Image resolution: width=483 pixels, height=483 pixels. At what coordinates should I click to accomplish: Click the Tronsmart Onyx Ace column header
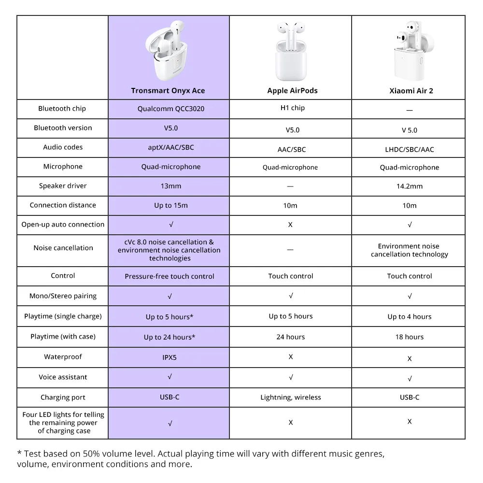coord(168,91)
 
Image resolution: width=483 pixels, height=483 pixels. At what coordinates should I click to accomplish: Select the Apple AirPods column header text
coord(292,91)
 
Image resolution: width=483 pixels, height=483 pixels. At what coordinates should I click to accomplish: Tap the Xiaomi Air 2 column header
coord(411,91)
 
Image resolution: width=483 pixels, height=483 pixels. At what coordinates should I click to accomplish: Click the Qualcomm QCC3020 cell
coord(170,109)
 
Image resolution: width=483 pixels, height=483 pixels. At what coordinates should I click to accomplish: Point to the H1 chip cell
coord(292,108)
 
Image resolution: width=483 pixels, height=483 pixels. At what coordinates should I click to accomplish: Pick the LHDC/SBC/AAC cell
coord(409,150)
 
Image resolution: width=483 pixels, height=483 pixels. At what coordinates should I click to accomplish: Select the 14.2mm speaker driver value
coord(409,186)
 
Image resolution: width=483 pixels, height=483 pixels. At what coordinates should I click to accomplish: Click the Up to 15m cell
coord(170,206)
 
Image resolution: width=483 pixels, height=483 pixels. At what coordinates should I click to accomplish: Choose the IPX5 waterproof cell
coord(170,357)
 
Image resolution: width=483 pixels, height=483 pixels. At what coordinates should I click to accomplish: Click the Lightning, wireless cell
coord(290,398)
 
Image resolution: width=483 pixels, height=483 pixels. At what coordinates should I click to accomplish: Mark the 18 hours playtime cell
coord(409,337)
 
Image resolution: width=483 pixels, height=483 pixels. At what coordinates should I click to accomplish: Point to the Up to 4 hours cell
coord(409,317)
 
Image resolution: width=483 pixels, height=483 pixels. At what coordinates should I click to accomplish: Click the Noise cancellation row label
coord(63,248)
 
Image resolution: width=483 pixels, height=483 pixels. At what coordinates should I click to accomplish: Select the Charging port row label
coord(63,398)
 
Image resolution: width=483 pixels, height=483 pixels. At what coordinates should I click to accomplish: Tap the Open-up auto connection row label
coord(63,225)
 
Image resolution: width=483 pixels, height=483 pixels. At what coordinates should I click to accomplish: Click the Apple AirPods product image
coord(291,52)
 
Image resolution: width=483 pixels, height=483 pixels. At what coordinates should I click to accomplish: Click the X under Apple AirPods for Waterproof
coord(291,357)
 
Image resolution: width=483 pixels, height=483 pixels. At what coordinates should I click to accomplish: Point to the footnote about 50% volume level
coord(200,459)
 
